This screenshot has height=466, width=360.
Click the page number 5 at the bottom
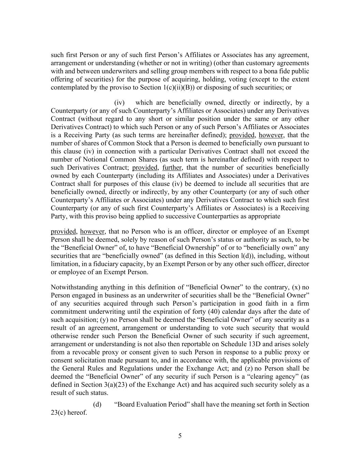180,436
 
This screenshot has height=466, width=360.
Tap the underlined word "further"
172,168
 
